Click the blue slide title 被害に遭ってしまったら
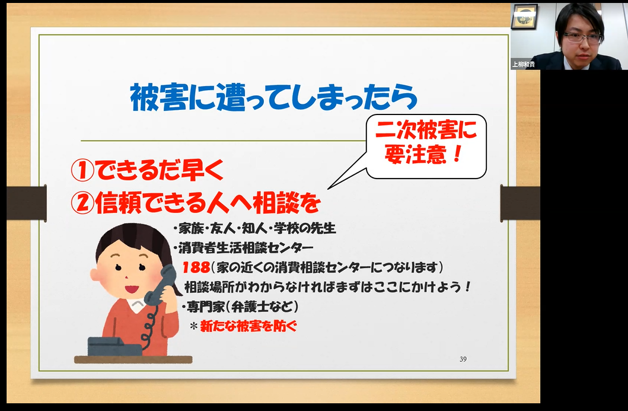click(x=274, y=98)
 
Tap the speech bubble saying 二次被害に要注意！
click(x=426, y=146)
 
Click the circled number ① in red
click(x=82, y=170)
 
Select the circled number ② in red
click(x=82, y=203)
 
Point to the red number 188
click(x=196, y=267)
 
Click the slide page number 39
click(x=463, y=359)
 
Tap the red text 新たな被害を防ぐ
click(x=248, y=326)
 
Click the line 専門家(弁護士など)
click(x=240, y=307)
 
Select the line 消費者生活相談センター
click(x=243, y=248)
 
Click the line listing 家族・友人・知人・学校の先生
click(x=254, y=228)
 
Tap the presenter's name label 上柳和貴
click(x=524, y=65)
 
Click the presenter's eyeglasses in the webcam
click(x=583, y=37)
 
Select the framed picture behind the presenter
click(x=524, y=17)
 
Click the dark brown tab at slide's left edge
click(x=27, y=203)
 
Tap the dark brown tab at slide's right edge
click(x=520, y=203)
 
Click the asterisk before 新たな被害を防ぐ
click(x=194, y=326)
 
